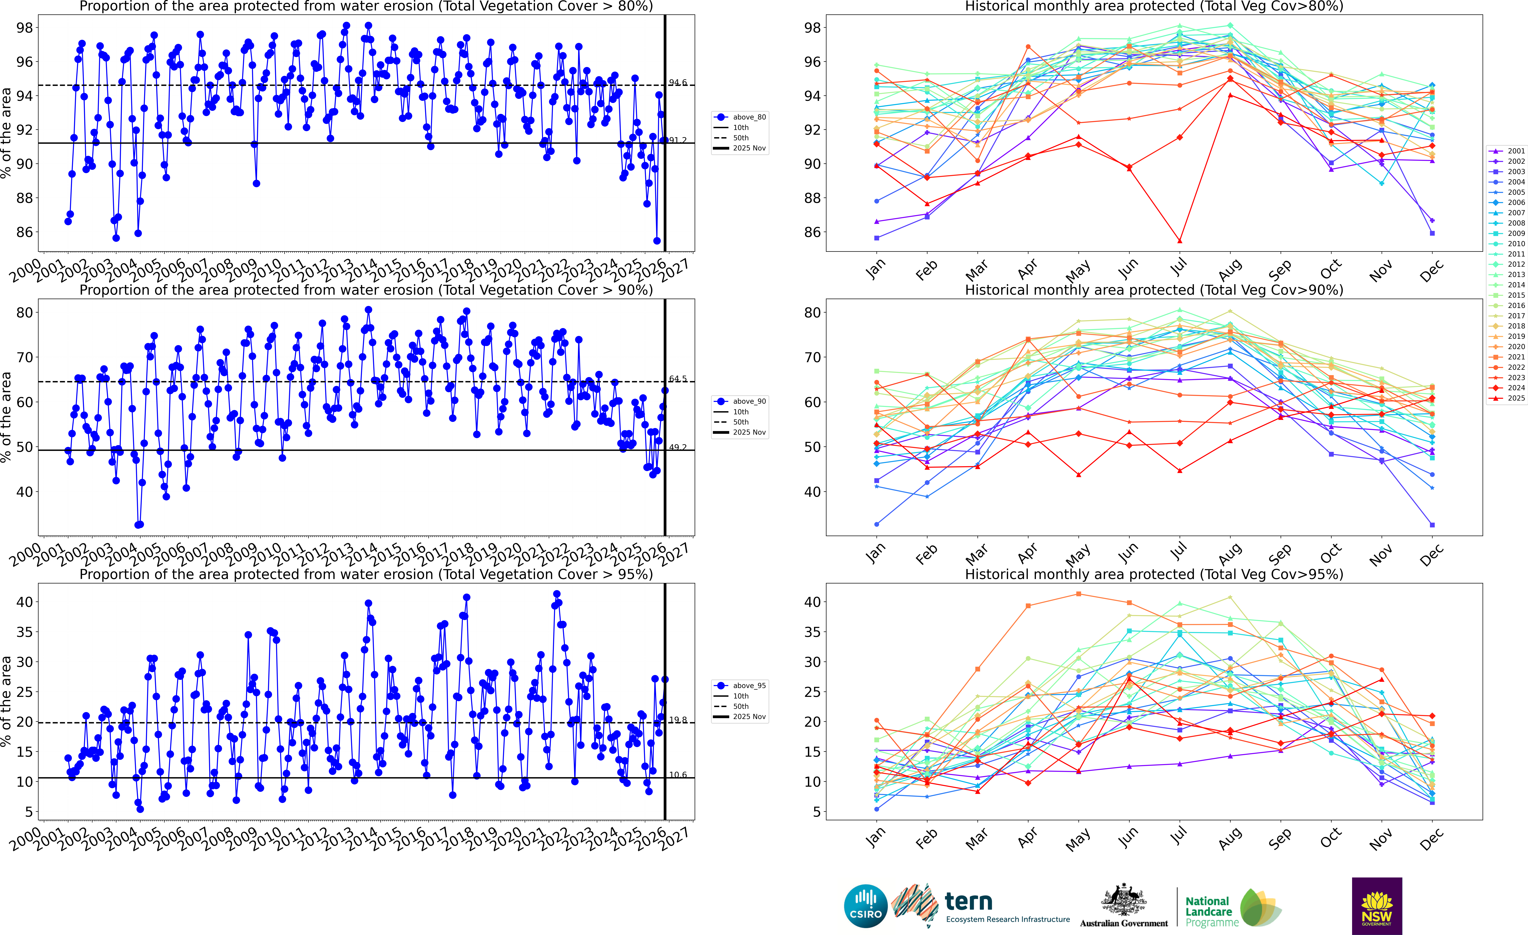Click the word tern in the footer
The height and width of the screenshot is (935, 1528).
click(969, 902)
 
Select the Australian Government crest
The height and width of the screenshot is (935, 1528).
click(1124, 900)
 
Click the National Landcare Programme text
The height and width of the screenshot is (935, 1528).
click(1208, 911)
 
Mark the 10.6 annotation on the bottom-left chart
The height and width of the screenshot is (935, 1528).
click(678, 775)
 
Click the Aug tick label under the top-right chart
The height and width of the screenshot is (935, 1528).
click(1230, 270)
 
